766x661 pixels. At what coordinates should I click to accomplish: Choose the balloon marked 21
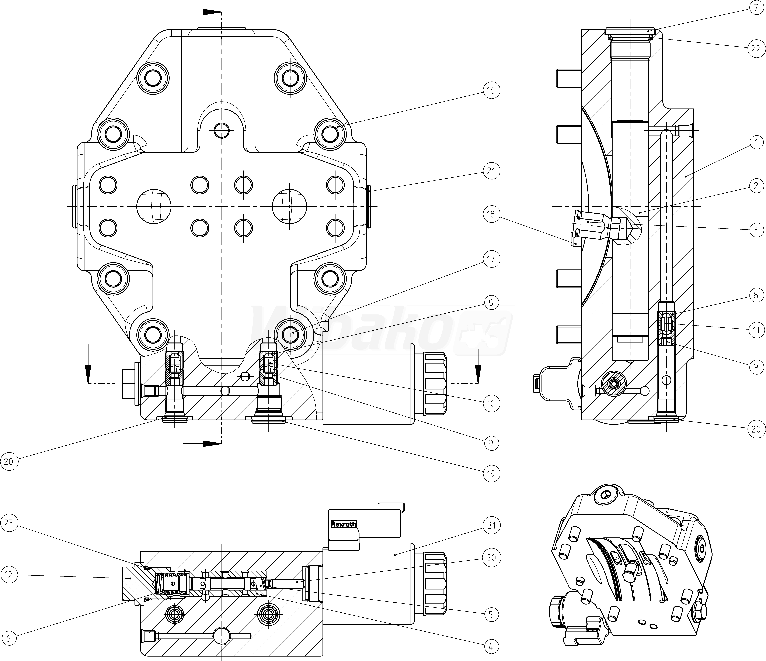(x=491, y=171)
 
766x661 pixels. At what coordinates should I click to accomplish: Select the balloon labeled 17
(x=491, y=259)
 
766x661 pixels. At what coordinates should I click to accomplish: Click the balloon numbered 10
(x=491, y=403)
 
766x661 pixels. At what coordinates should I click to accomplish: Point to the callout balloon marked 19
(x=491, y=474)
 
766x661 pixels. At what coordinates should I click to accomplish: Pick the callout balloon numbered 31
(x=491, y=525)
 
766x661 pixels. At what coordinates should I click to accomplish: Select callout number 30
(x=491, y=557)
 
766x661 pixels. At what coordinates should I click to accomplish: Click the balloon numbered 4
(x=491, y=647)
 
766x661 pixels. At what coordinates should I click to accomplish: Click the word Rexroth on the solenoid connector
(x=343, y=524)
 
